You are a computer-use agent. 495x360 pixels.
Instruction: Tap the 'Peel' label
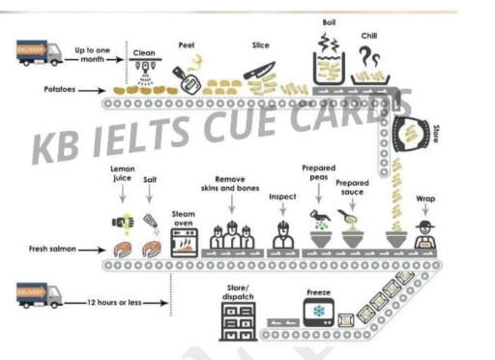(x=187, y=45)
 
